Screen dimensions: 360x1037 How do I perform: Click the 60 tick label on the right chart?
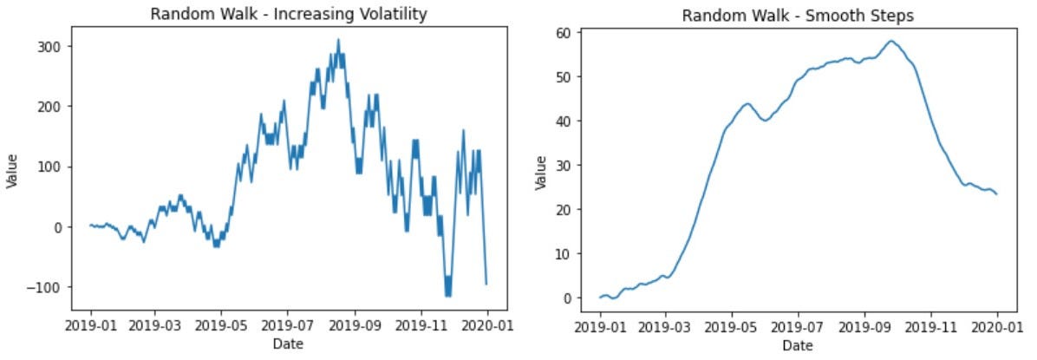tap(564, 34)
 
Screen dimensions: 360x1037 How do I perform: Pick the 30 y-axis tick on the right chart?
tap(564, 166)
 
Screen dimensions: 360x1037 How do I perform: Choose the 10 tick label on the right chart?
tap(564, 254)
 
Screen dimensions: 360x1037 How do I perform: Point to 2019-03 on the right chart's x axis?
tap(665, 329)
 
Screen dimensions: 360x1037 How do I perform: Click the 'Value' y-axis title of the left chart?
tap(13, 170)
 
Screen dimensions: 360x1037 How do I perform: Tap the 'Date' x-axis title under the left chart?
tap(288, 344)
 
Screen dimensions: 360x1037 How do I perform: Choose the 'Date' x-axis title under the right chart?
tap(797, 345)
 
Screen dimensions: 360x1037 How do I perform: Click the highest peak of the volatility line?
tap(338, 39)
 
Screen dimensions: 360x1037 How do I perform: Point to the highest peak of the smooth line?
tap(890, 41)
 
